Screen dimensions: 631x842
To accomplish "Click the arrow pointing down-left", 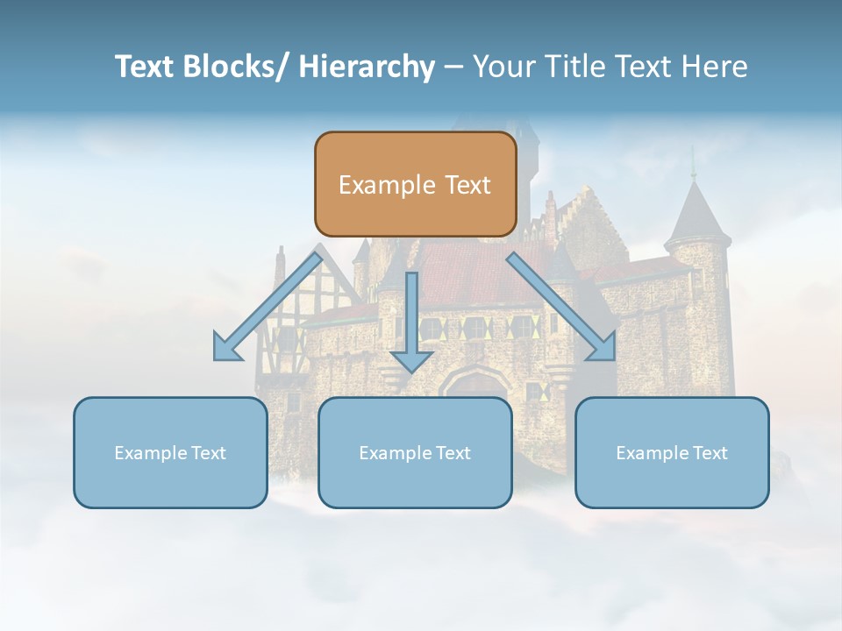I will [x=265, y=308].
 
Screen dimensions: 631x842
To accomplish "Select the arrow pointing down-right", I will [x=561, y=307].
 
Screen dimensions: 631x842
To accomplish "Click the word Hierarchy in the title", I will [x=367, y=67].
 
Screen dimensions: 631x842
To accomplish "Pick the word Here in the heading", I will [x=713, y=67].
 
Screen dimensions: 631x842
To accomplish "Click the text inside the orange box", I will [x=415, y=185].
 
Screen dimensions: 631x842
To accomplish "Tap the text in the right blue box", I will [x=672, y=453].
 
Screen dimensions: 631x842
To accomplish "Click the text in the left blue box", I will [x=170, y=453].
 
